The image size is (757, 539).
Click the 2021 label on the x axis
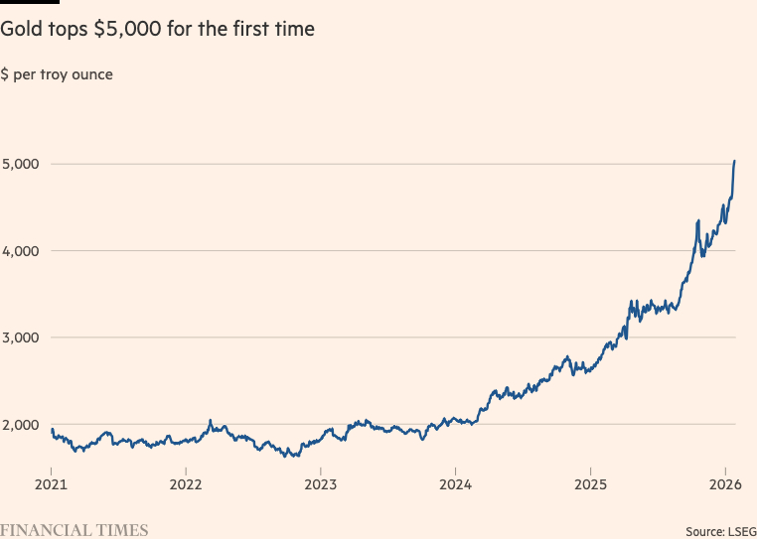(x=51, y=485)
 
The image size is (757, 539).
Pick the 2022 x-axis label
(x=186, y=485)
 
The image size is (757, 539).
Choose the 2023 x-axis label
(x=320, y=485)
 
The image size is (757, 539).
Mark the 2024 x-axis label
(x=455, y=485)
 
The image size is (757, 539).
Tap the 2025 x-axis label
(x=590, y=485)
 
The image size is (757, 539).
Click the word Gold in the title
(x=21, y=30)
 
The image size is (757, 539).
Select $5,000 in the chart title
(x=124, y=30)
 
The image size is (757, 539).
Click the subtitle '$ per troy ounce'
(x=57, y=75)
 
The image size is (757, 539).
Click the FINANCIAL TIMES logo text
(x=75, y=530)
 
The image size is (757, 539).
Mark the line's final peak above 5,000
(x=734, y=161)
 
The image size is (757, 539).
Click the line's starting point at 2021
(x=52, y=430)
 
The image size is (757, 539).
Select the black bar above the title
(x=30, y=2)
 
